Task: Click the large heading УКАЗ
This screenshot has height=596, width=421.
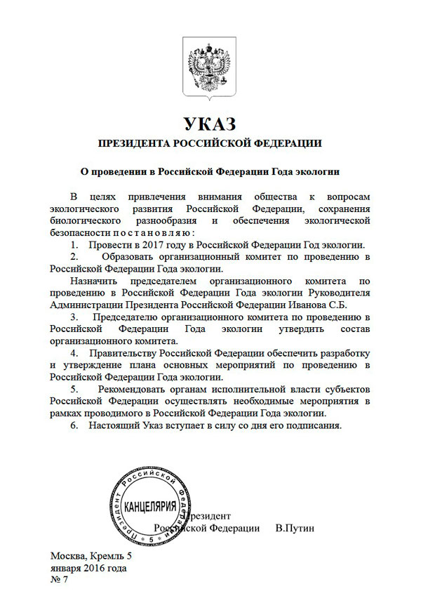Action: coord(210,125)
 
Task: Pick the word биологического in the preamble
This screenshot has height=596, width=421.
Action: coord(88,221)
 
